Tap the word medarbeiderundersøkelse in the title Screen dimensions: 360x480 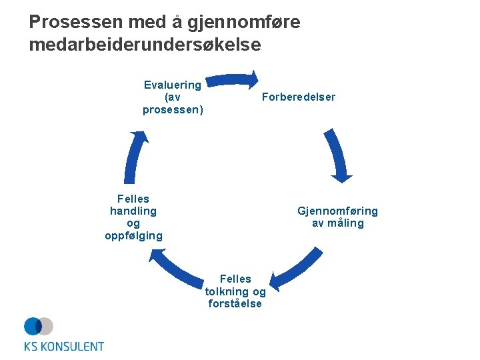coord(145,45)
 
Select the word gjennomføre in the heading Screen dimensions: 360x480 coord(244,23)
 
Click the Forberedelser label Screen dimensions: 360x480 coord(299,97)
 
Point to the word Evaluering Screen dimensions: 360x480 coord(173,85)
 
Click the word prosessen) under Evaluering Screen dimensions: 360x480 coord(173,109)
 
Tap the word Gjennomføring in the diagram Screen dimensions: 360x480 coord(337,211)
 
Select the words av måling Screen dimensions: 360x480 coord(338,223)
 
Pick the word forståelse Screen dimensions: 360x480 coord(235,304)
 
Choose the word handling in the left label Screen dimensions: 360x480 coord(133,211)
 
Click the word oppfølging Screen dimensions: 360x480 coord(133,236)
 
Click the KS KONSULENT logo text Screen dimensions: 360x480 coord(64,346)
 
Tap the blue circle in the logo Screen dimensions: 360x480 coord(33,326)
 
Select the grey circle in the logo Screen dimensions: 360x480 coord(46,326)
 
